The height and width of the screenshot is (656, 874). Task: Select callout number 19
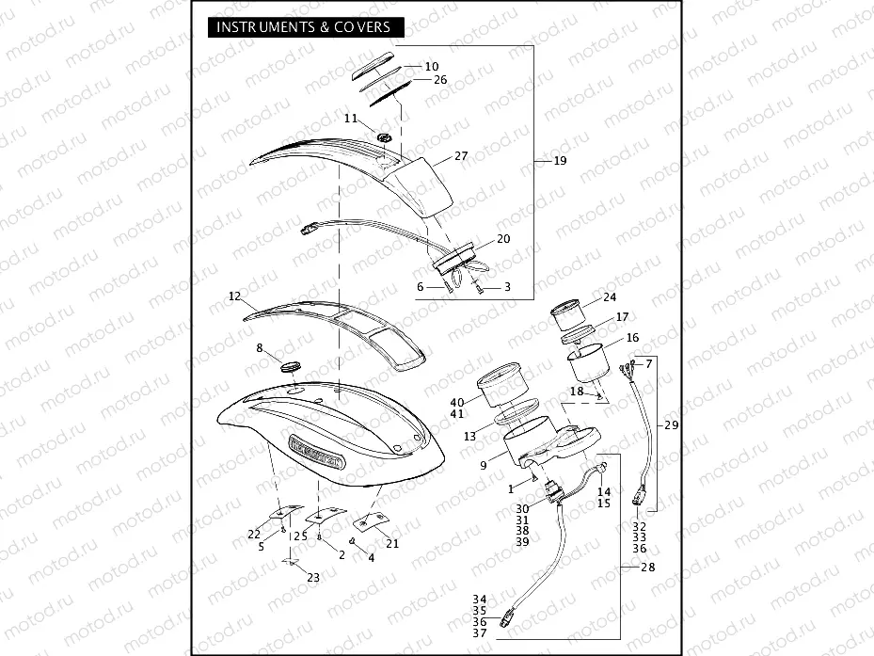pos(560,161)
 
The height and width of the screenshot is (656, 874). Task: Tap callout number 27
pos(461,155)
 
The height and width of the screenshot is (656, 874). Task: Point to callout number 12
pos(235,296)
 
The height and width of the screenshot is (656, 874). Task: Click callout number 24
pos(610,297)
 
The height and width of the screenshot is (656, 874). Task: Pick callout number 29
pos(671,425)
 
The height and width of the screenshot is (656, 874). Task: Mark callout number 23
pos(313,578)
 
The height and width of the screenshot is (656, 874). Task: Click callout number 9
pos(483,464)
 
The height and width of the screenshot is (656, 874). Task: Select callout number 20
pos(503,239)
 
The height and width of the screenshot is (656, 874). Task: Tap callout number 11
pos(351,119)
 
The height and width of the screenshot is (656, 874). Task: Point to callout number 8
pos(260,348)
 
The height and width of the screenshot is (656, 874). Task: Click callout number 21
pos(392,543)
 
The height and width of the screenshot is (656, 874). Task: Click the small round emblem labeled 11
pos(384,138)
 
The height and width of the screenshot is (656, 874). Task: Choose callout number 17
pos(622,317)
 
